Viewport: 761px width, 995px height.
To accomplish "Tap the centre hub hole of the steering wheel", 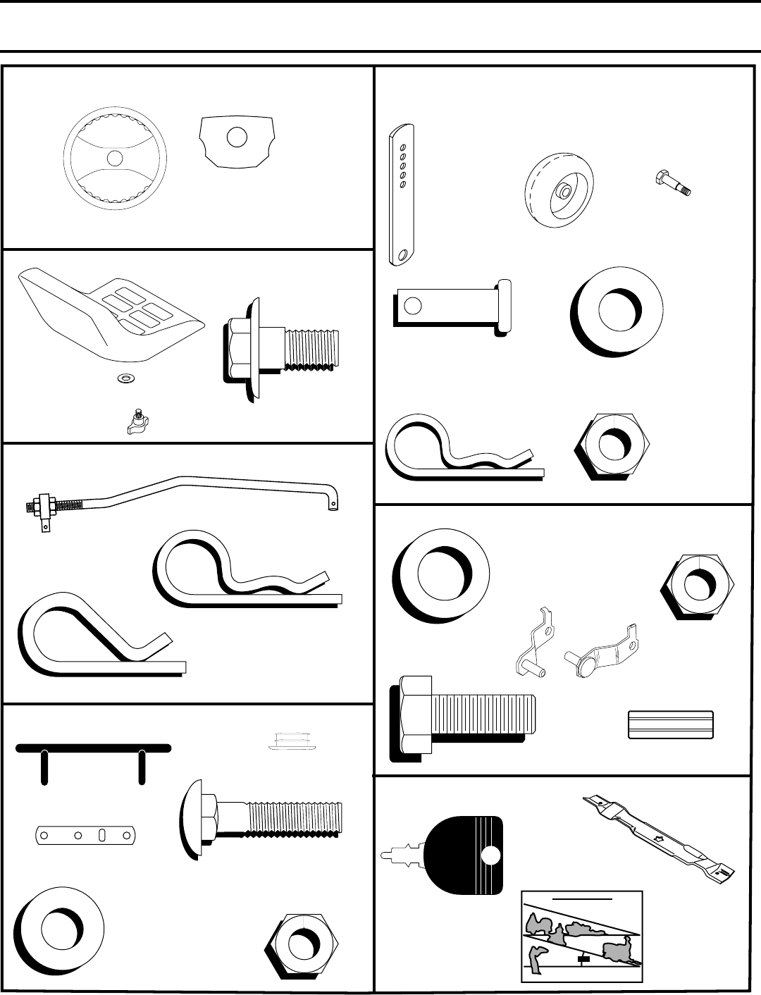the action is pos(115,159).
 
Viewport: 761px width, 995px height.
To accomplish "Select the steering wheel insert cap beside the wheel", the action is pos(237,140).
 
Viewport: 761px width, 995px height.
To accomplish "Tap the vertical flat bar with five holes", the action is pos(402,195).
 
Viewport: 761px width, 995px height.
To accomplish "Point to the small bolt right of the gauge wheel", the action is pos(672,183).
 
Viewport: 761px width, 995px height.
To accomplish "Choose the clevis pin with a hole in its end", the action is pos(451,306).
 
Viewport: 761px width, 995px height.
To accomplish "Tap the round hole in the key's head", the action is pos(490,855).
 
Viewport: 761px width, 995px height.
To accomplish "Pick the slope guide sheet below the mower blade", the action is pos(582,936).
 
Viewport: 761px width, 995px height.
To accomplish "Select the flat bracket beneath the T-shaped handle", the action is pos(84,836).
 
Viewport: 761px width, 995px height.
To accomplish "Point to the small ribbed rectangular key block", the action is pos(670,724).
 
